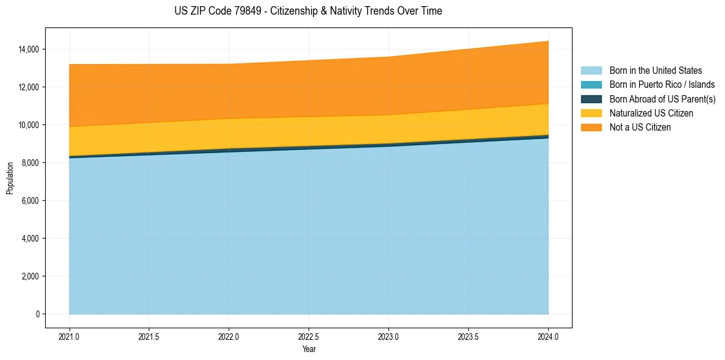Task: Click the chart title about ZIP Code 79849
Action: pyautogui.click(x=308, y=11)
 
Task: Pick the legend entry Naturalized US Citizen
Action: pyautogui.click(x=651, y=113)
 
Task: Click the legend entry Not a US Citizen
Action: pyautogui.click(x=640, y=128)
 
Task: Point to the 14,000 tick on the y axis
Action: pyautogui.click(x=29, y=49)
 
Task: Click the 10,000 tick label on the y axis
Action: pyautogui.click(x=29, y=125)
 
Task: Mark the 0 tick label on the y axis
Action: pyautogui.click(x=37, y=314)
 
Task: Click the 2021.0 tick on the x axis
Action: pyautogui.click(x=70, y=336)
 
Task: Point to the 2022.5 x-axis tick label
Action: pyautogui.click(x=309, y=336)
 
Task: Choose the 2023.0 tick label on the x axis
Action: pyautogui.click(x=388, y=336)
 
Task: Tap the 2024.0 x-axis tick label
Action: pyautogui.click(x=548, y=336)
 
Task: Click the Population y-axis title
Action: pyautogui.click(x=10, y=178)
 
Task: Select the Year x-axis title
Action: pyautogui.click(x=309, y=349)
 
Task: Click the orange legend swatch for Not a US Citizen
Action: pyautogui.click(x=591, y=128)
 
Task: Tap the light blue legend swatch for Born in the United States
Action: pyautogui.click(x=591, y=71)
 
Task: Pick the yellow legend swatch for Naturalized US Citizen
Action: pyautogui.click(x=591, y=113)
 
